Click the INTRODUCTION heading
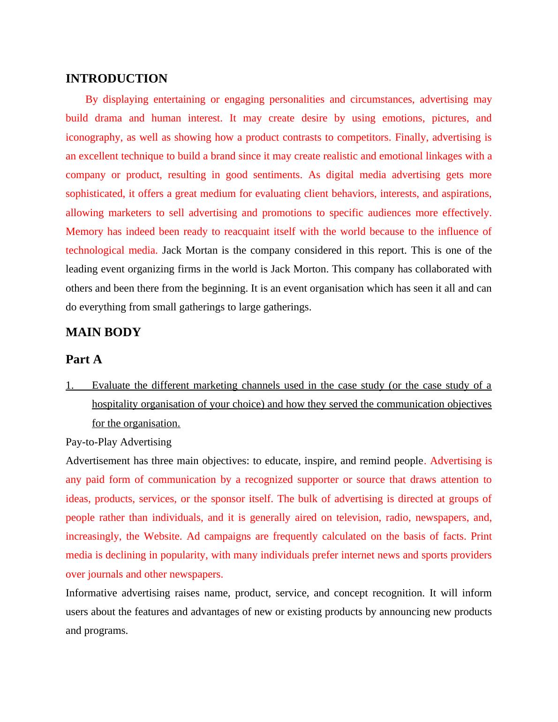point(116,78)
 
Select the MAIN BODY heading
point(103,332)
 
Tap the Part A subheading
point(84,359)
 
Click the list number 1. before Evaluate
point(70,385)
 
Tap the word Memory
point(84,232)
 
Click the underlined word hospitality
point(115,404)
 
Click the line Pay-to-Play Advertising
point(119,442)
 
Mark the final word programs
point(106,631)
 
